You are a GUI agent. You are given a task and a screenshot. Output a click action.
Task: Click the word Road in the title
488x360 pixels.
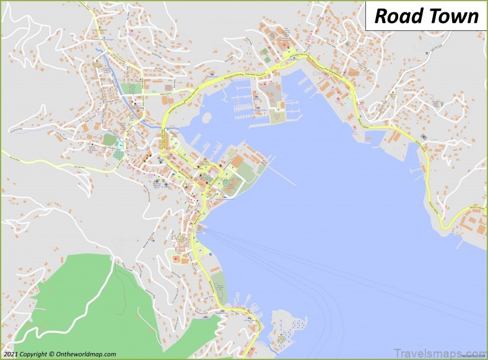pyautogui.click(x=395, y=16)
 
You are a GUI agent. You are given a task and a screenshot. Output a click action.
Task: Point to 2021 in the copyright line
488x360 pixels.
pyautogui.click(x=12, y=354)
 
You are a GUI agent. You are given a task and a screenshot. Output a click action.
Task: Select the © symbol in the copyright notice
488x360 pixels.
pyautogui.click(x=52, y=354)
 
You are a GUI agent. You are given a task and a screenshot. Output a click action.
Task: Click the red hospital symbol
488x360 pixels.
pyautogui.click(x=175, y=258)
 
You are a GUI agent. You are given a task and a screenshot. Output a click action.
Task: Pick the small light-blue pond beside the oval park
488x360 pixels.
pyautogui.click(x=120, y=146)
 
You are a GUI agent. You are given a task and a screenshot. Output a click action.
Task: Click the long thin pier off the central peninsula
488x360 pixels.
pyautogui.click(x=282, y=175)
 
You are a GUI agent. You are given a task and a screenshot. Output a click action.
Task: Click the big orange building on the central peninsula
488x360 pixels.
pyautogui.click(x=238, y=160)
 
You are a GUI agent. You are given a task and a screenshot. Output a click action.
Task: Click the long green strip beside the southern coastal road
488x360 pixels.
pyautogui.click(x=219, y=288)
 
